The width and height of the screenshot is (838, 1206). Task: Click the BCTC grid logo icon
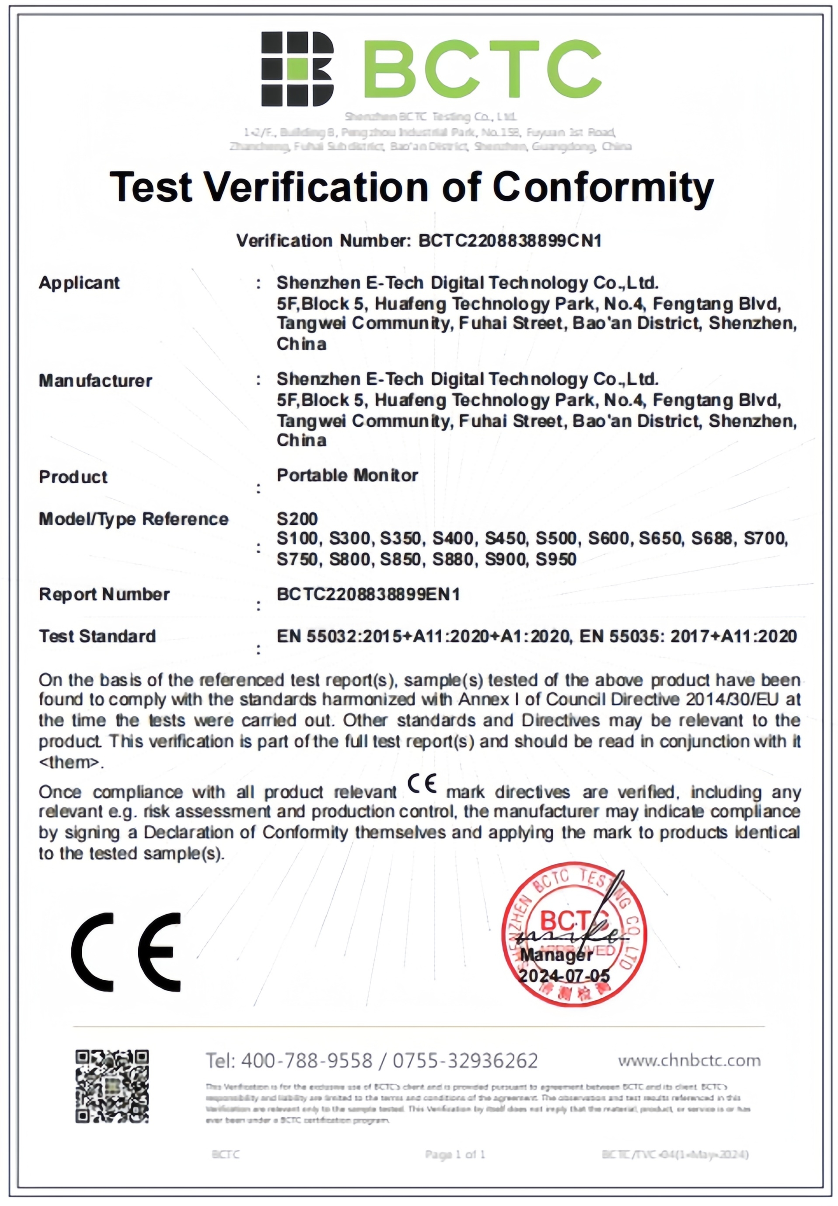(x=297, y=68)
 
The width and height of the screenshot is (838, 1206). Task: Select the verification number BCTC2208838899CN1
(x=510, y=241)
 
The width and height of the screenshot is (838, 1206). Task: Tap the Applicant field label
(x=79, y=283)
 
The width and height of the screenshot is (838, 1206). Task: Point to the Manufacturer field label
(x=95, y=380)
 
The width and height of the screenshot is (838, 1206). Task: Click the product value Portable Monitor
(x=347, y=475)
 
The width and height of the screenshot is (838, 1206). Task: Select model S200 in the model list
(x=297, y=519)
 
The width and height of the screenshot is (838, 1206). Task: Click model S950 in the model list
(x=555, y=559)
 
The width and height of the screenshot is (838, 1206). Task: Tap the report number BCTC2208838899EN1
(x=368, y=595)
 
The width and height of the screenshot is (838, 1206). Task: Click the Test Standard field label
(x=97, y=637)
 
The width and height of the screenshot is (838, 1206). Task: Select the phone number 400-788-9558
(x=307, y=1061)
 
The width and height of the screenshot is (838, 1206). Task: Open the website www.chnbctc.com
(x=689, y=1061)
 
